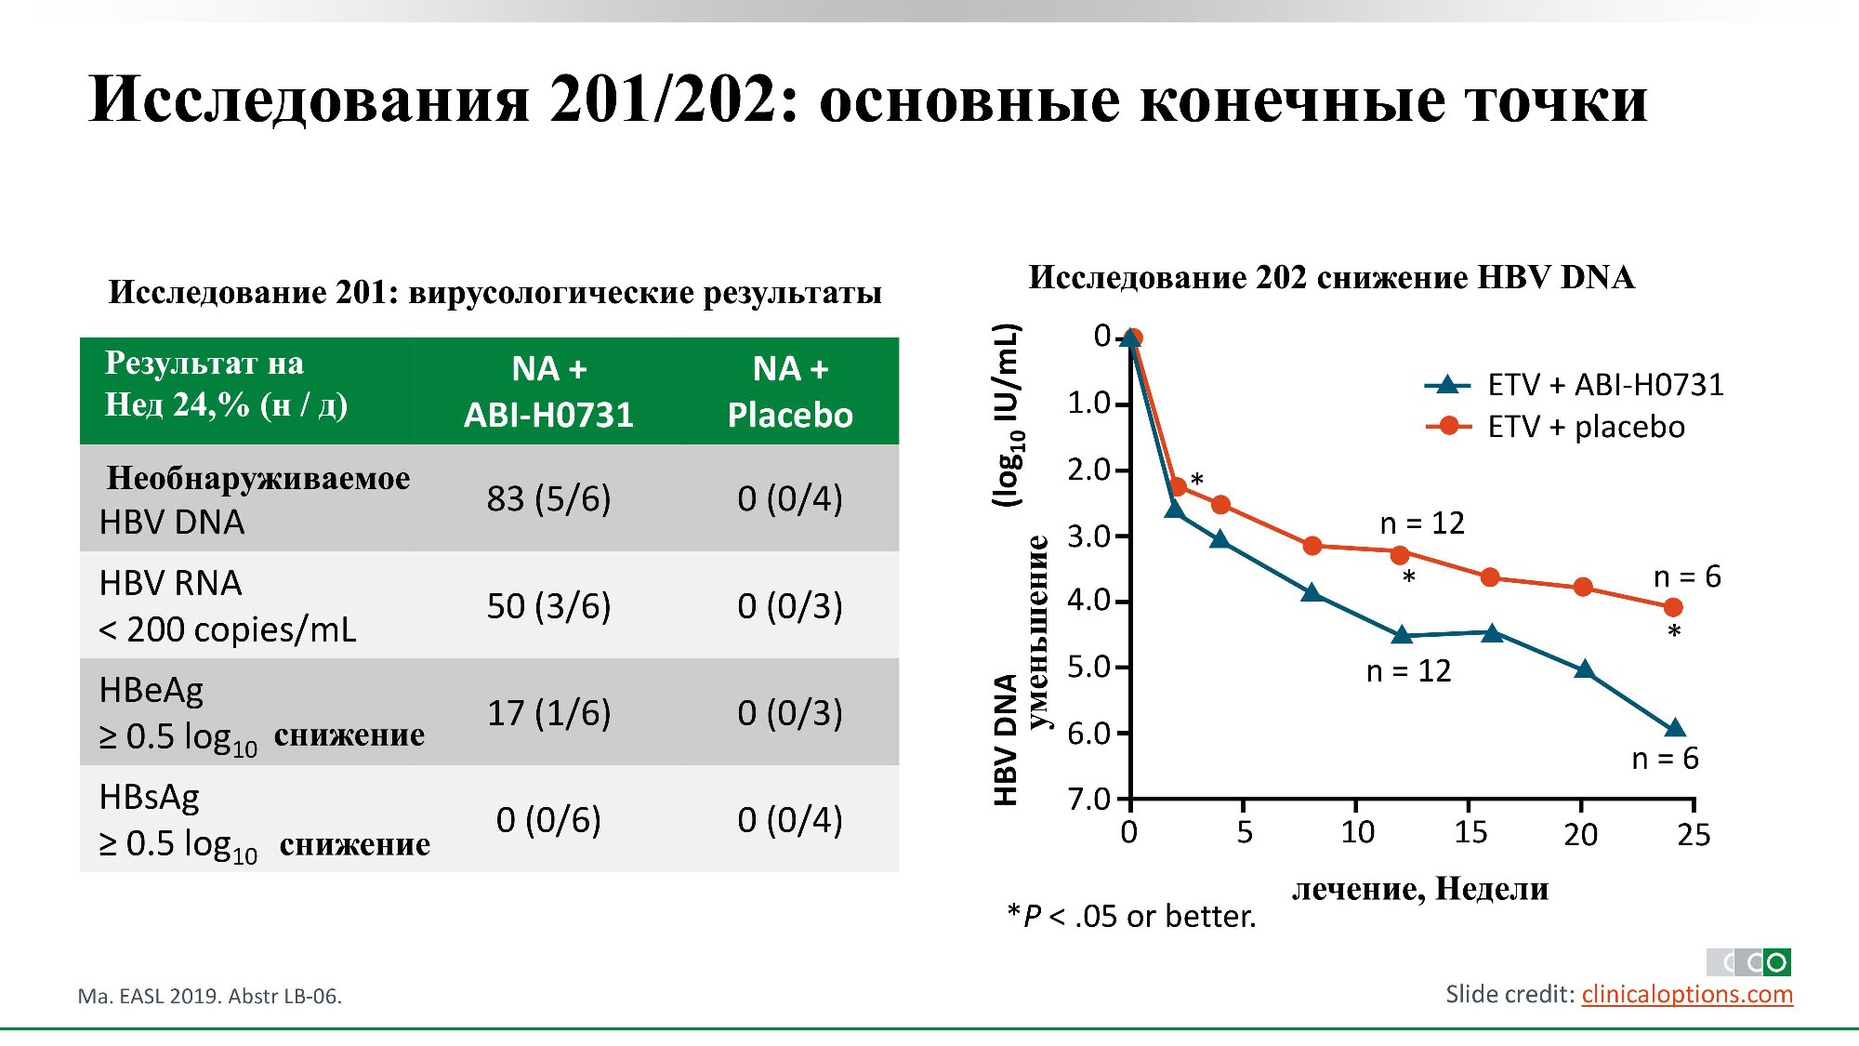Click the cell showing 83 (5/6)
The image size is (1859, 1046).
click(x=548, y=499)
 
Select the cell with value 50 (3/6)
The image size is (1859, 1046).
click(x=548, y=606)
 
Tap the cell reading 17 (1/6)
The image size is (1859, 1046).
click(x=548, y=713)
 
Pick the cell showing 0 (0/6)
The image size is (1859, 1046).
click(x=548, y=820)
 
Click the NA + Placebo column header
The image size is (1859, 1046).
click(x=790, y=391)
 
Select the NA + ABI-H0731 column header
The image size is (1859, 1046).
click(x=548, y=391)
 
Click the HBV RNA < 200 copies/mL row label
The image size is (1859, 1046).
click(x=228, y=606)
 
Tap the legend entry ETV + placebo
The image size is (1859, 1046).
click(x=1585, y=427)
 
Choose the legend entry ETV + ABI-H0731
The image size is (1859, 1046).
click(x=1604, y=384)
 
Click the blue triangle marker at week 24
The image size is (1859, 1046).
click(x=1675, y=728)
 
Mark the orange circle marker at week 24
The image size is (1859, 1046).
click(x=1673, y=607)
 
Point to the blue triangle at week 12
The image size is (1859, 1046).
click(x=1402, y=635)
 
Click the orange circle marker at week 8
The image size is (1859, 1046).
click(x=1312, y=546)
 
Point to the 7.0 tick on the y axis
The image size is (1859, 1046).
click(x=1089, y=799)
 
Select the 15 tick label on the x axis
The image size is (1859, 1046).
click(x=1470, y=833)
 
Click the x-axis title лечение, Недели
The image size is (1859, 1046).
click(x=1420, y=889)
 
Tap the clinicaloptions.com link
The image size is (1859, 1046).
click(x=1687, y=994)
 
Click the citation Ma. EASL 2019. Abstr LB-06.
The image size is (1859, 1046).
click(x=210, y=996)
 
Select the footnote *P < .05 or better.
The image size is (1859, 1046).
click(x=1131, y=917)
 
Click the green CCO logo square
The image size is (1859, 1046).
click(x=1776, y=961)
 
